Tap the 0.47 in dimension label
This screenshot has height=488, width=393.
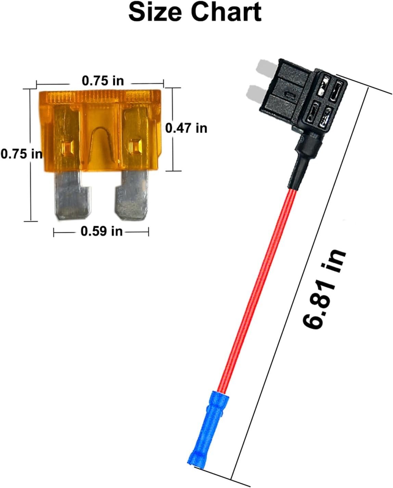coord(187,128)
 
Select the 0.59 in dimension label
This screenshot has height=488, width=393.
coord(101,231)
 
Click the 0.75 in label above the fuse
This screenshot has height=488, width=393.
coord(103,81)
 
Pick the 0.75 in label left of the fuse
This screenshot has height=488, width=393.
coord(21,154)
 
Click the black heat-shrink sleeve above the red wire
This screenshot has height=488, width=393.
coord(301,161)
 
